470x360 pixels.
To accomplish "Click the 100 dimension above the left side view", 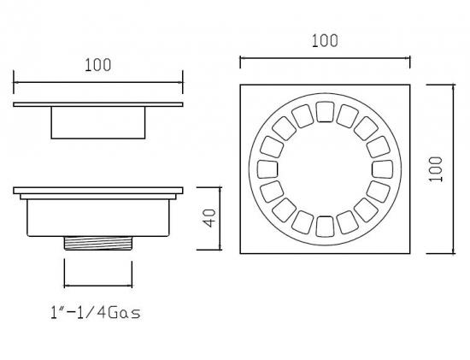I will pyautogui.click(x=98, y=64).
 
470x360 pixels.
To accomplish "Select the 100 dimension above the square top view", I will pyautogui.click(x=325, y=40).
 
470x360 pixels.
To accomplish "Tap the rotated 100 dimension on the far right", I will pyautogui.click(x=436, y=168).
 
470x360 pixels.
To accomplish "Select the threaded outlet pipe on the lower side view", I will pyautogui.click(x=98, y=242).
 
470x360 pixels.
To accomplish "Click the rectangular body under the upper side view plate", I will pyautogui.click(x=98, y=122).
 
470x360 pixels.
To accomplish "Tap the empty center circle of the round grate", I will pyautogui.click(x=325, y=168).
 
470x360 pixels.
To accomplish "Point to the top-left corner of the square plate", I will pyautogui.click(x=241, y=85).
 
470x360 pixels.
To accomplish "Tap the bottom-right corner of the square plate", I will pyautogui.click(x=409, y=253).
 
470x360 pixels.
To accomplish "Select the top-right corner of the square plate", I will pyautogui.click(x=409, y=85).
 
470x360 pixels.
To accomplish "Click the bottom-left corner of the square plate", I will pyautogui.click(x=241, y=253).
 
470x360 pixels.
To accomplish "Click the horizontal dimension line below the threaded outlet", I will pyautogui.click(x=98, y=286).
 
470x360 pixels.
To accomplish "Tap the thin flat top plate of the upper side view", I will pyautogui.click(x=98, y=104).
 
